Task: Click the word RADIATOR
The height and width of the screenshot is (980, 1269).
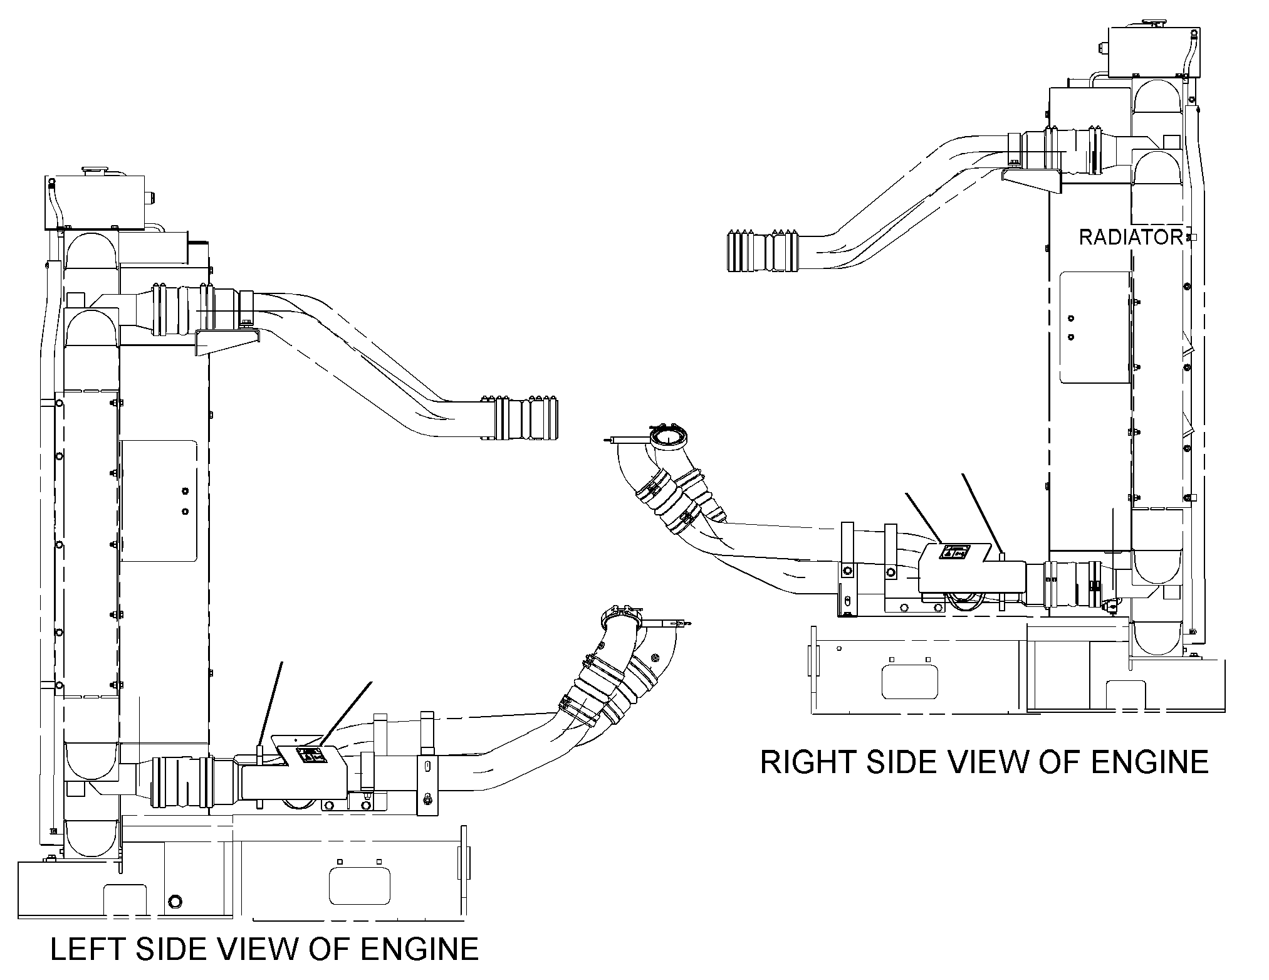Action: click(x=1130, y=237)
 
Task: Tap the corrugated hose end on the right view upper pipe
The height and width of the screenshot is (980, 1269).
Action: click(x=763, y=251)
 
